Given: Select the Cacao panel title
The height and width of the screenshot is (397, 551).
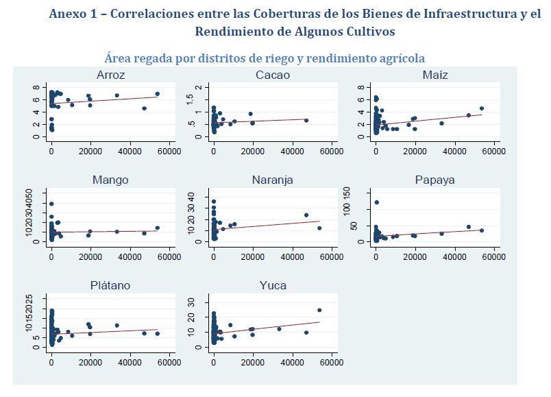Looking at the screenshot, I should pyautogui.click(x=272, y=75).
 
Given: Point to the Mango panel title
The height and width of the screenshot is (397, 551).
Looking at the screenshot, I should pyautogui.click(x=110, y=180).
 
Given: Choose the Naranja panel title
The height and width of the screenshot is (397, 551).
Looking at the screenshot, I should pyautogui.click(x=272, y=180).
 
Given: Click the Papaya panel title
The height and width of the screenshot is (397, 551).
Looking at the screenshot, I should pyautogui.click(x=434, y=180).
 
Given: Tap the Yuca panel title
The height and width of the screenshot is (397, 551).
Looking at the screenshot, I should pyautogui.click(x=272, y=285).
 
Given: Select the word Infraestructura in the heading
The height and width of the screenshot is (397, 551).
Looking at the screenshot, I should pyautogui.click(x=455, y=15).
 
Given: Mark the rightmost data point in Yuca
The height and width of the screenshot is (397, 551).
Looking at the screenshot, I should pyautogui.click(x=319, y=310).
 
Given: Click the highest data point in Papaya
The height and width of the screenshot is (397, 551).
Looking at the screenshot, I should pyautogui.click(x=377, y=202).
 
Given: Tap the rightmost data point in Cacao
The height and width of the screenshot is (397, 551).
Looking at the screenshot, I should pyautogui.click(x=306, y=121).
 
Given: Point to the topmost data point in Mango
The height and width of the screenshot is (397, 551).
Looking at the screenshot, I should pyautogui.click(x=51, y=204).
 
